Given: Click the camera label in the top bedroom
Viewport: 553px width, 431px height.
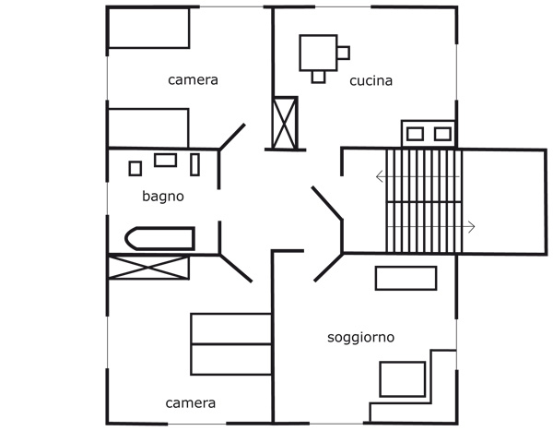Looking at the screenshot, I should [193, 80].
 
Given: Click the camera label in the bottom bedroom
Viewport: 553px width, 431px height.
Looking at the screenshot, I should [191, 403].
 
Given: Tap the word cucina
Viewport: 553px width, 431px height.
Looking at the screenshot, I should [371, 81].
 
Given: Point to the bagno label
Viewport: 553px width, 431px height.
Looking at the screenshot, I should [163, 196].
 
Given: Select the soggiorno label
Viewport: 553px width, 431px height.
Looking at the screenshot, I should [361, 338].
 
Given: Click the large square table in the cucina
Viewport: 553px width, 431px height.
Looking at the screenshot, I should [319, 52].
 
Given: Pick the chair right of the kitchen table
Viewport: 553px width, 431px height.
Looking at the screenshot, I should [344, 52].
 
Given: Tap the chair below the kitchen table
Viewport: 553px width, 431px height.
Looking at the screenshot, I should [319, 76].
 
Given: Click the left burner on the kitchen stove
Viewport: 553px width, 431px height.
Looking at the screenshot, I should [415, 134].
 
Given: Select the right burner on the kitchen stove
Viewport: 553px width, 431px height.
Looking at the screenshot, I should [442, 134].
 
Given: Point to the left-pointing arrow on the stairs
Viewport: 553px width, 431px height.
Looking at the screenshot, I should [380, 176].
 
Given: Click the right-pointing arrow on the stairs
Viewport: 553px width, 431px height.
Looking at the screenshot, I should [470, 227].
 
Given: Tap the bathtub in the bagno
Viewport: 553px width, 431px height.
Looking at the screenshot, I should [159, 239].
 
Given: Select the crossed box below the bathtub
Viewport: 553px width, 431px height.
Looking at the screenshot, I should [148, 269].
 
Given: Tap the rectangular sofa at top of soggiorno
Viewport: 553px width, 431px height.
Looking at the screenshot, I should [406, 278].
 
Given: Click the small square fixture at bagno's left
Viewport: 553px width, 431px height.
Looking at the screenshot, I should [135, 168].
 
